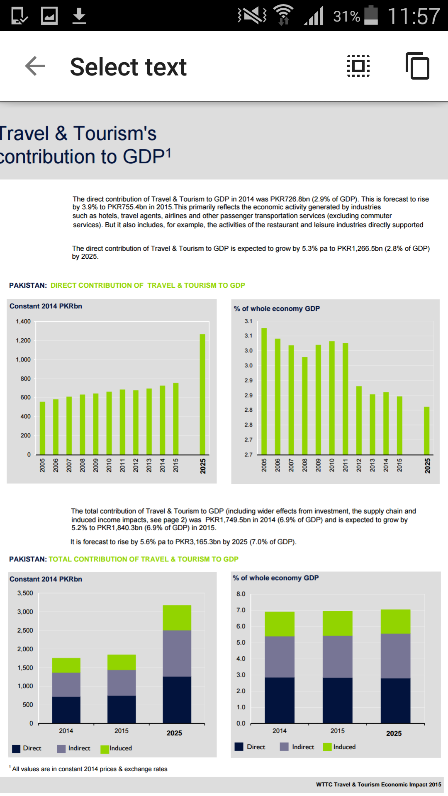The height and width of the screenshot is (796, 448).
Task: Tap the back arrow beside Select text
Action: (35, 66)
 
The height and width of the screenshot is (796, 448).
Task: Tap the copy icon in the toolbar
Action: (417, 66)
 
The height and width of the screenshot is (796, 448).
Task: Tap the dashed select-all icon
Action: (358, 66)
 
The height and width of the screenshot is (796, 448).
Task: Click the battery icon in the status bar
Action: (371, 15)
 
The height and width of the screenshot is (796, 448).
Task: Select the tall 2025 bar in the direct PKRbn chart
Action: (202, 394)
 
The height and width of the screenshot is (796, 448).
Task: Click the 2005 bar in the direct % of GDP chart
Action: (264, 391)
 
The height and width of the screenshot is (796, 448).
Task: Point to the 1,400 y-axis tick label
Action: (23, 321)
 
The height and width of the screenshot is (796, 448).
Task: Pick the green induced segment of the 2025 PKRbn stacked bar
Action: (177, 618)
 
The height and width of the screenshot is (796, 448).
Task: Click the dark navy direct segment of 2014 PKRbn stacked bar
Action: (66, 710)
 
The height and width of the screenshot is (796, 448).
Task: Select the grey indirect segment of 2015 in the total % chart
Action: (338, 657)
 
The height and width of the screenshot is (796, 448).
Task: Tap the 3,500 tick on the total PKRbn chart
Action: (25, 593)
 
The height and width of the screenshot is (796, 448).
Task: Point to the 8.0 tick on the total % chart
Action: (241, 594)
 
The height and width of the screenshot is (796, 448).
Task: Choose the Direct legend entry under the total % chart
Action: (250, 747)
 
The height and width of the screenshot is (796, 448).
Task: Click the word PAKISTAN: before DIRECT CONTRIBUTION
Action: (28, 285)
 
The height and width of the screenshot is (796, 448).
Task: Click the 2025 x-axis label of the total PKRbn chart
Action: (175, 733)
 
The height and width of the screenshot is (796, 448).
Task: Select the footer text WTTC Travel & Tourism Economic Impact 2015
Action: (379, 784)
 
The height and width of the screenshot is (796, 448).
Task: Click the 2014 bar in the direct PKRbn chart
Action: (163, 420)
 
